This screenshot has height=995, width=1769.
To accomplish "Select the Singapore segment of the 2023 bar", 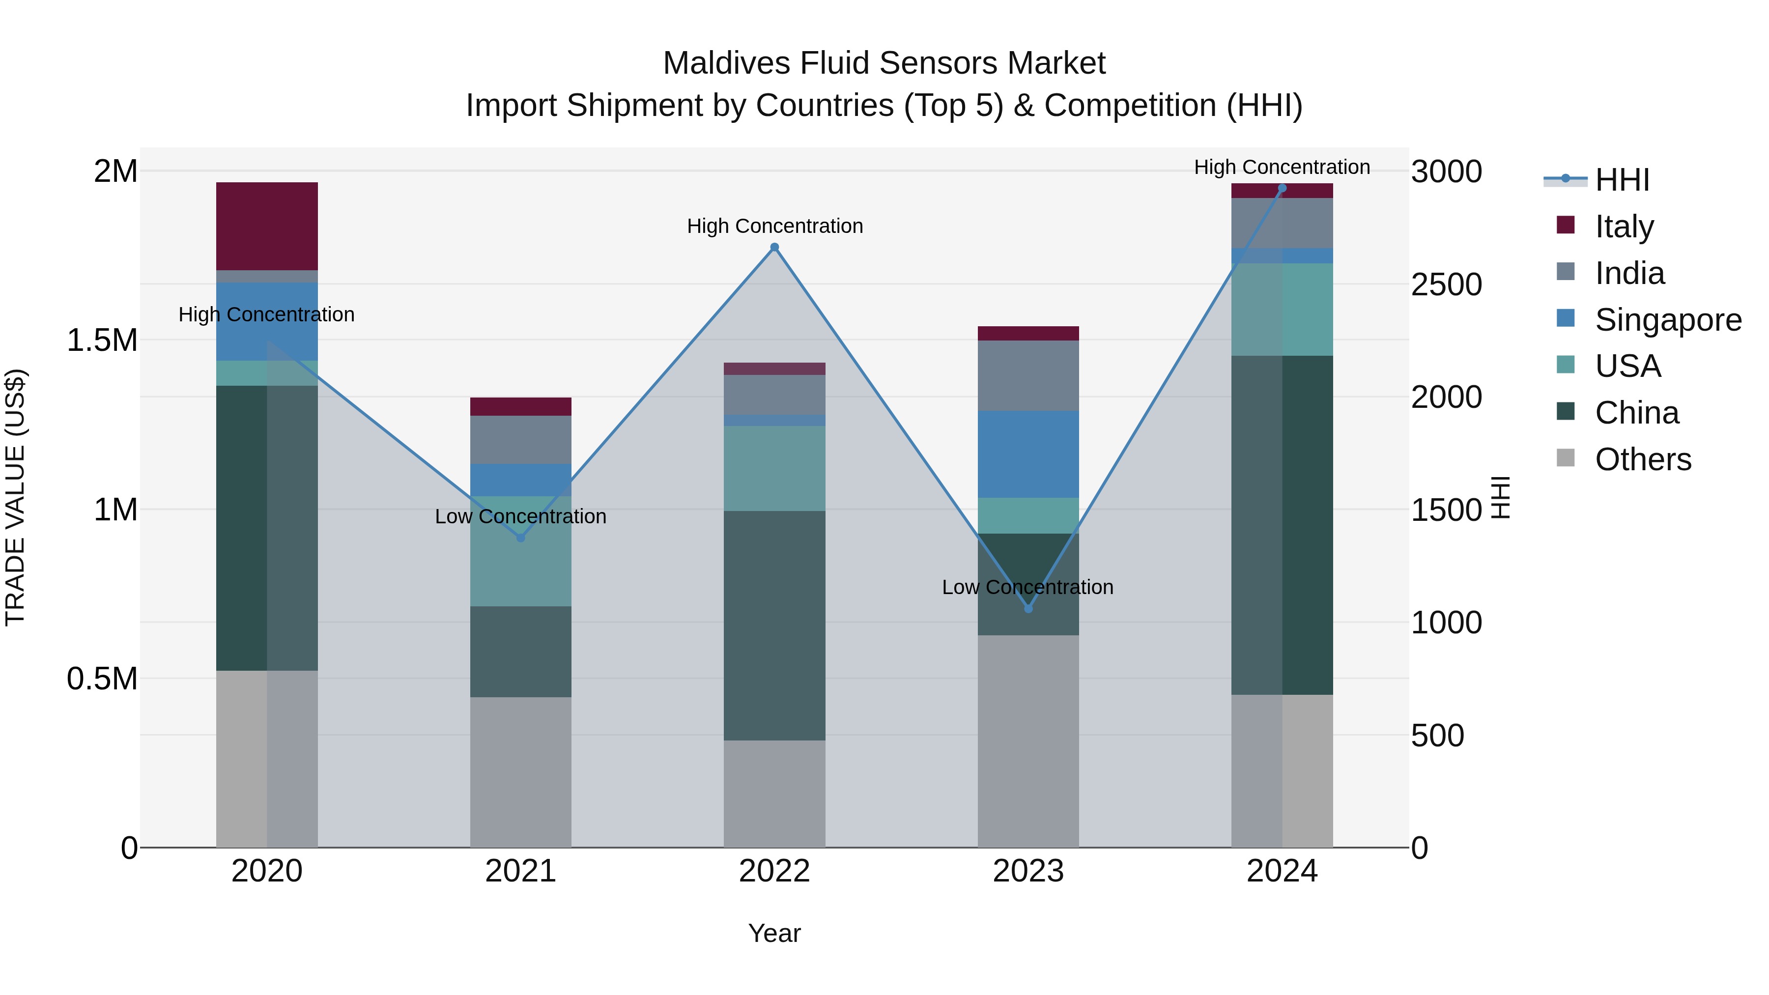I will click(x=1028, y=454).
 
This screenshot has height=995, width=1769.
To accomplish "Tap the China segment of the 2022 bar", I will click(x=774, y=625).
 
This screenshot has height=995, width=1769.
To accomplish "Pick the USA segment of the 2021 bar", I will click(x=520, y=551).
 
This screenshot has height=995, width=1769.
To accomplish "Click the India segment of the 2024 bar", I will click(x=1282, y=223).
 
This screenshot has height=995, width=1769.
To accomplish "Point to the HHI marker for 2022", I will click(x=774, y=247).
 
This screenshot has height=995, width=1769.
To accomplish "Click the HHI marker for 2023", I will click(x=1028, y=608).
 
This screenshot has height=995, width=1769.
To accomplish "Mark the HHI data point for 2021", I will click(x=520, y=538).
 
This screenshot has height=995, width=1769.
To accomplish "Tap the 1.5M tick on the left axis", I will click(x=102, y=341).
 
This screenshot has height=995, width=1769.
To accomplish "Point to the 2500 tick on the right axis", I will click(x=1446, y=284).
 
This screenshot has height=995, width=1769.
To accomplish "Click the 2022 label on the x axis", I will click(x=774, y=871).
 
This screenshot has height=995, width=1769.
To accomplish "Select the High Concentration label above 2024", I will click(x=1282, y=167).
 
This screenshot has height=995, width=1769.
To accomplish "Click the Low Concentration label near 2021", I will click(x=520, y=516).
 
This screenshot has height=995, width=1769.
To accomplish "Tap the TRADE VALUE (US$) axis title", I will click(x=15, y=497).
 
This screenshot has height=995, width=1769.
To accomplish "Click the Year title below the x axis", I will click(x=774, y=933).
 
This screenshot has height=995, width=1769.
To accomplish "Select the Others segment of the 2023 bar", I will click(x=1028, y=741).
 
